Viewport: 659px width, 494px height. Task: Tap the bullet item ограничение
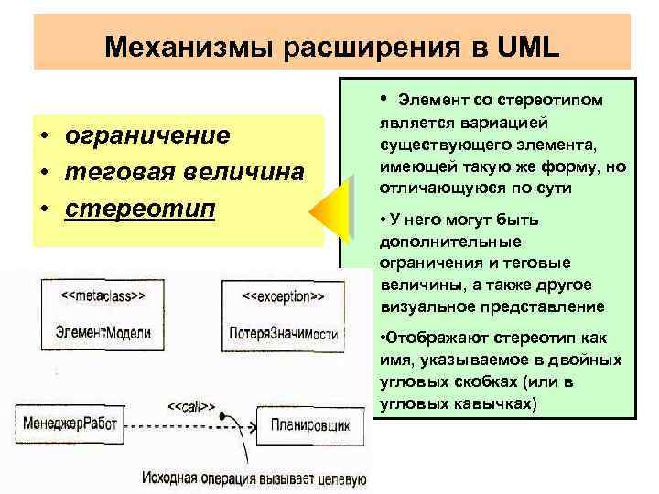(146, 136)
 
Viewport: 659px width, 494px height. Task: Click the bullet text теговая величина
(183, 172)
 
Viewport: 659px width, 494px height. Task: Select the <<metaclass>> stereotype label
(105, 296)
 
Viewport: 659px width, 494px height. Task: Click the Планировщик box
(309, 425)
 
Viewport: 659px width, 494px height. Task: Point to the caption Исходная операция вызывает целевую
(254, 477)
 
